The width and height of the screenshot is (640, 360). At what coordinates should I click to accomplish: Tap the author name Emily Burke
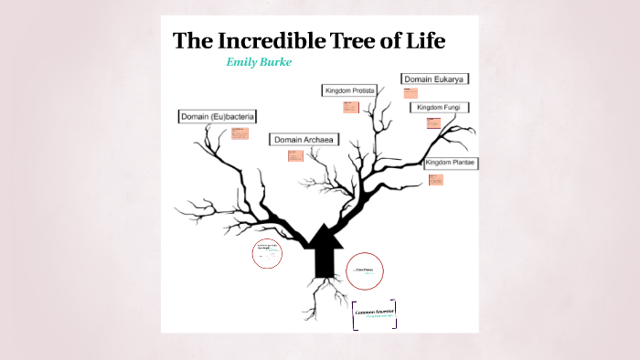point(259,62)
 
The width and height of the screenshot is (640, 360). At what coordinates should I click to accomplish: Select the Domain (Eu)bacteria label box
point(217,117)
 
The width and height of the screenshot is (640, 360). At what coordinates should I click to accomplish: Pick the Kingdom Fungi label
point(440,108)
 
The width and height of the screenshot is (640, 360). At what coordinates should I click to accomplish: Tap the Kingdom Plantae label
point(452,163)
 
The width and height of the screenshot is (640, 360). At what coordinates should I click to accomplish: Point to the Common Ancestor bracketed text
point(374,314)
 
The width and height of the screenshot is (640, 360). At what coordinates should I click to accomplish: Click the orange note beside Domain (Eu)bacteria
point(240,134)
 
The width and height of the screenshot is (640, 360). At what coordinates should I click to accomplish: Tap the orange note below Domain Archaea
point(295,155)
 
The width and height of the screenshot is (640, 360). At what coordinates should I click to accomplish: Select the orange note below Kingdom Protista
point(349,108)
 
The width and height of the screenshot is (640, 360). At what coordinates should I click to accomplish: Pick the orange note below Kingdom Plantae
point(436,179)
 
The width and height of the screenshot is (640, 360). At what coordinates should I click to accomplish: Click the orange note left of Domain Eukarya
point(409,92)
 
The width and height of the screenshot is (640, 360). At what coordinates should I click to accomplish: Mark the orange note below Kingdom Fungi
point(428,123)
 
